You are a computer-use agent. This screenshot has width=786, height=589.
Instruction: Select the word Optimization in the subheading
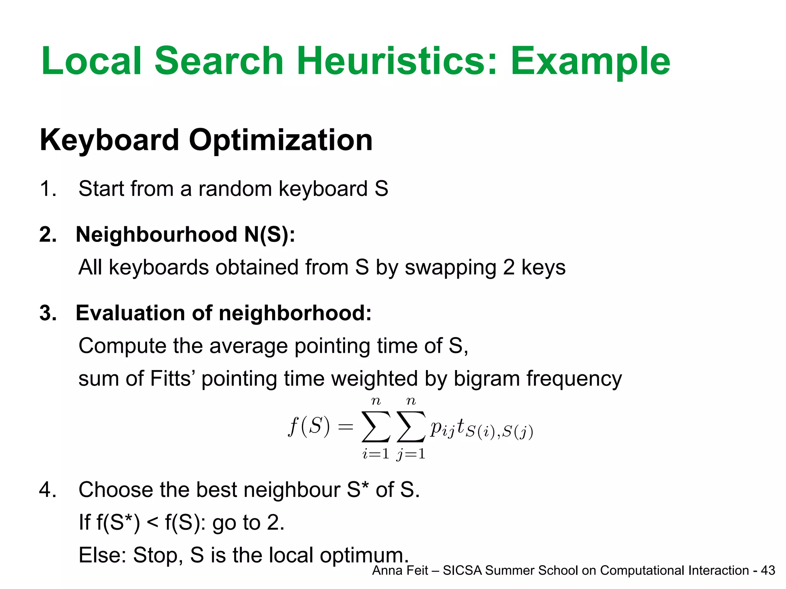point(281,140)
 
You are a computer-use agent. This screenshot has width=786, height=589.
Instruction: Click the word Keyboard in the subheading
point(109,140)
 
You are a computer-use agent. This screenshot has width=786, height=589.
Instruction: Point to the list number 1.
point(48,189)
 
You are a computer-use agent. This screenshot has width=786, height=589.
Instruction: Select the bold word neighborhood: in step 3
point(295,313)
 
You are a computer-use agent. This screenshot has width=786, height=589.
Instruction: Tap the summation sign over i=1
point(376,426)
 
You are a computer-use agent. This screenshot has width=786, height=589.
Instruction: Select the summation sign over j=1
point(411,426)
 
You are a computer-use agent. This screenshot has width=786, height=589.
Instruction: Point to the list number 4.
point(48,490)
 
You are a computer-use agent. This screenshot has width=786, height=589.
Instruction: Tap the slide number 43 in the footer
point(768,571)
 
